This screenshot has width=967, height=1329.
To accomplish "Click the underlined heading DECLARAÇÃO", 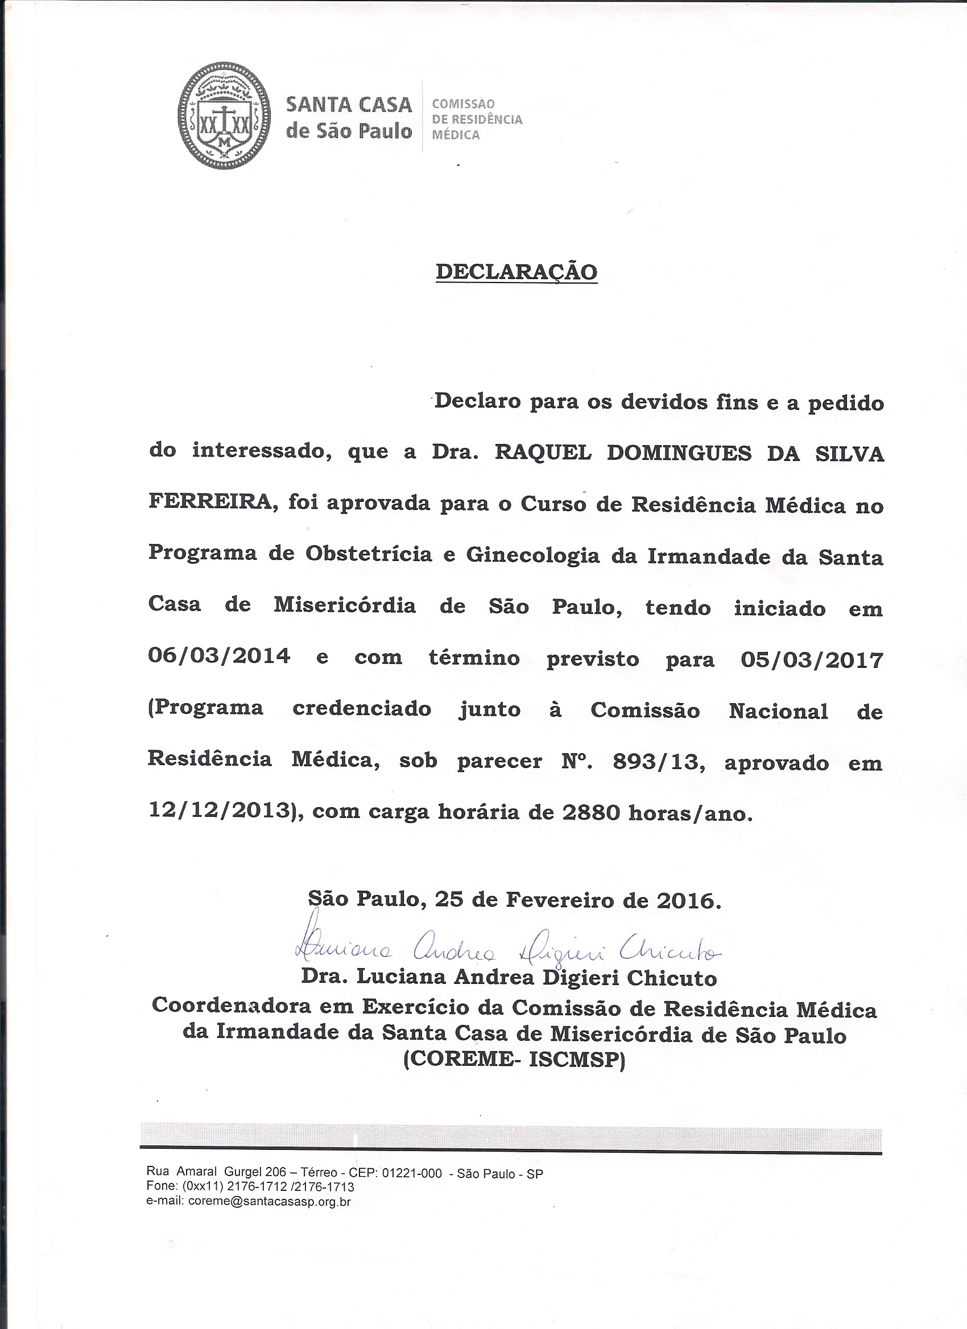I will pyautogui.click(x=516, y=271).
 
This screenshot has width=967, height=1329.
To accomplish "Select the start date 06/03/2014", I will pyautogui.click(x=219, y=656).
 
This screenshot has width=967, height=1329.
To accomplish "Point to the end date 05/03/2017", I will pyautogui.click(x=812, y=661).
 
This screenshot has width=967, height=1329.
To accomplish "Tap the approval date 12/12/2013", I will pyautogui.click(x=220, y=811).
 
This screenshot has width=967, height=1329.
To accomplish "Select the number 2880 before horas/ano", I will pyautogui.click(x=592, y=813).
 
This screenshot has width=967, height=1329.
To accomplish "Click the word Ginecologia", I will pyautogui.click(x=532, y=555).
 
